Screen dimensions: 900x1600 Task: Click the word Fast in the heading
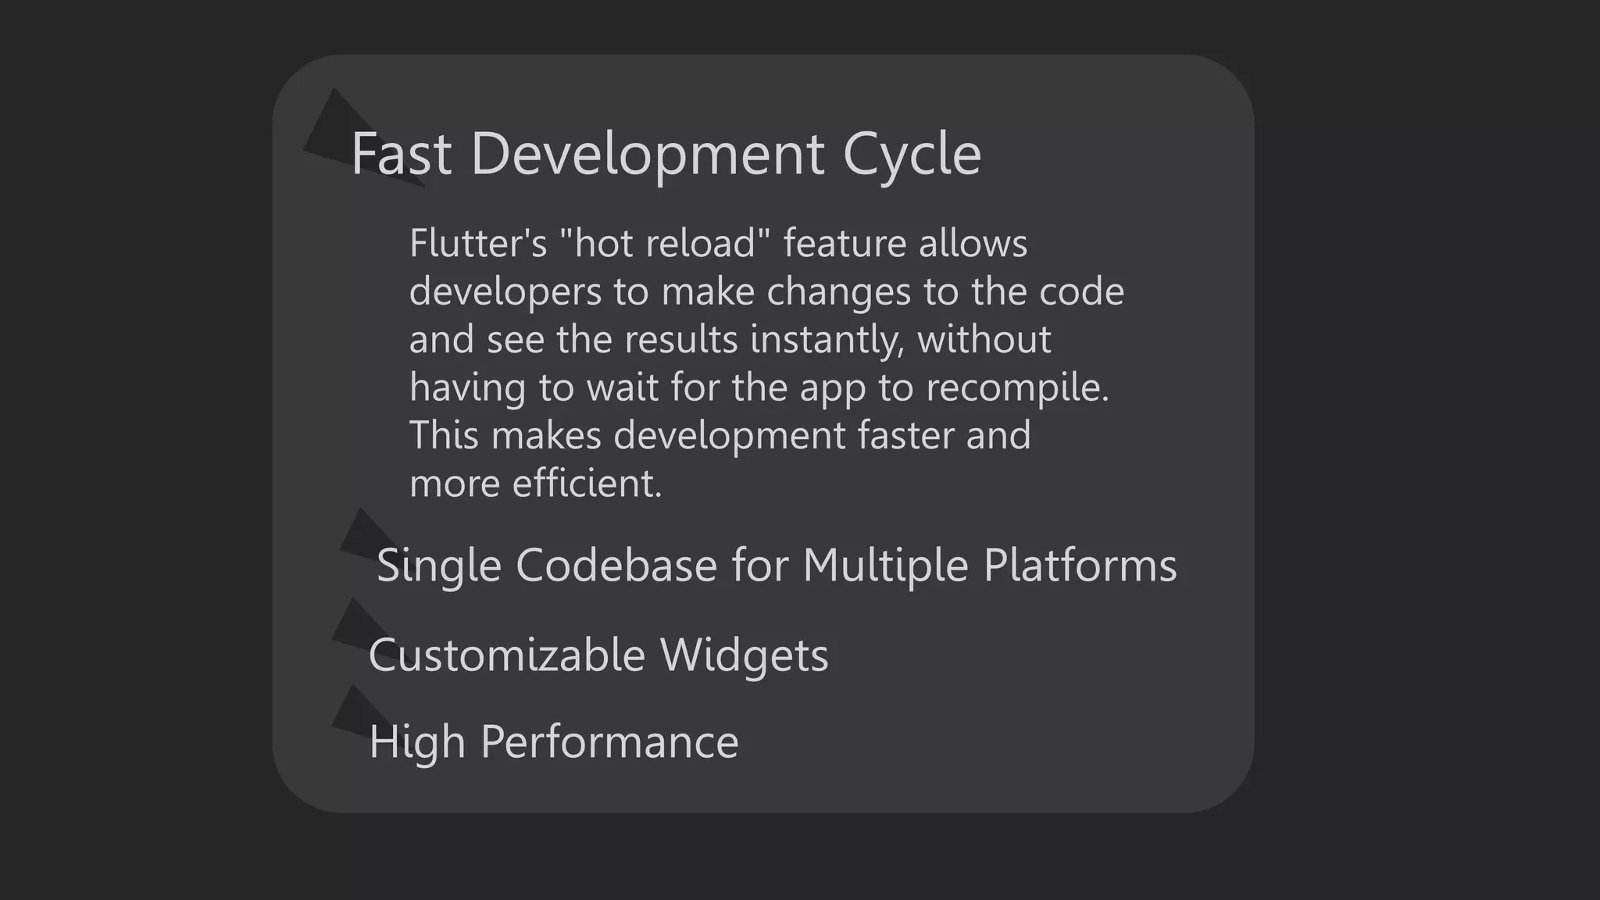tap(401, 154)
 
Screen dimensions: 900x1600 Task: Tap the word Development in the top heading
tap(647, 154)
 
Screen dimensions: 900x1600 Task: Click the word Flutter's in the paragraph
tap(478, 243)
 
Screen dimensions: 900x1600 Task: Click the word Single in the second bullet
tap(438, 565)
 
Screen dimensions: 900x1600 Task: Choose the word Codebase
tap(616, 565)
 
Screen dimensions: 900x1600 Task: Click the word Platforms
tap(1080, 565)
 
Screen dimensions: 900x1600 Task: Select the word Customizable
tap(506, 655)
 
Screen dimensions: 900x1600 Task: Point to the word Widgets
tap(744, 655)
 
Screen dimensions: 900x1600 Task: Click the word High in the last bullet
tap(417, 741)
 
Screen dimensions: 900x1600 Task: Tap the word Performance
tap(609, 741)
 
